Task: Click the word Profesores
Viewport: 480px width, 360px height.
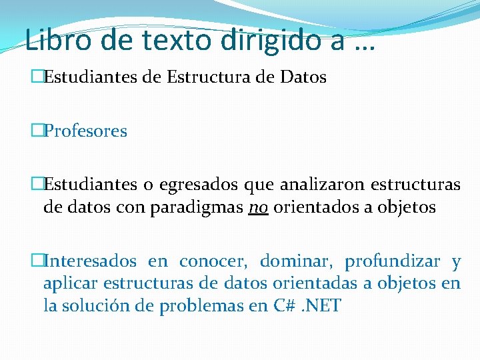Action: [x=85, y=131]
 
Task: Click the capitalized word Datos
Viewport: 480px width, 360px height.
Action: [x=303, y=78]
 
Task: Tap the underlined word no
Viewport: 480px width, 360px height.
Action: [x=257, y=208]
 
